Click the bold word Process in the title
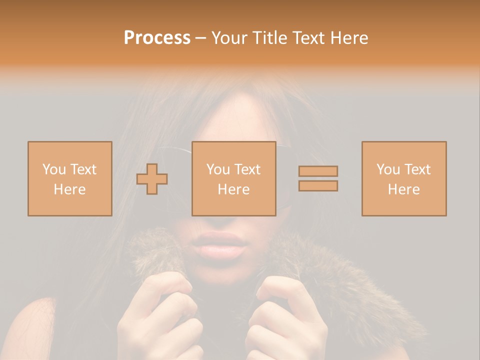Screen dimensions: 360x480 point(157,37)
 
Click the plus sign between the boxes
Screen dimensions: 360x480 point(152,179)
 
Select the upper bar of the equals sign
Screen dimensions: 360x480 point(318,171)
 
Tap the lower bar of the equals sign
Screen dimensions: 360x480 point(318,185)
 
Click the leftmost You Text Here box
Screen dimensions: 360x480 point(70,178)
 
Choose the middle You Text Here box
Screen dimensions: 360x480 point(233,178)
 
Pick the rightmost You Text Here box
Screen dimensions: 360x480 point(404,178)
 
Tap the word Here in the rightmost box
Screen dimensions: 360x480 point(404,189)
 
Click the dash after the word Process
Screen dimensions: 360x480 point(200,38)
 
